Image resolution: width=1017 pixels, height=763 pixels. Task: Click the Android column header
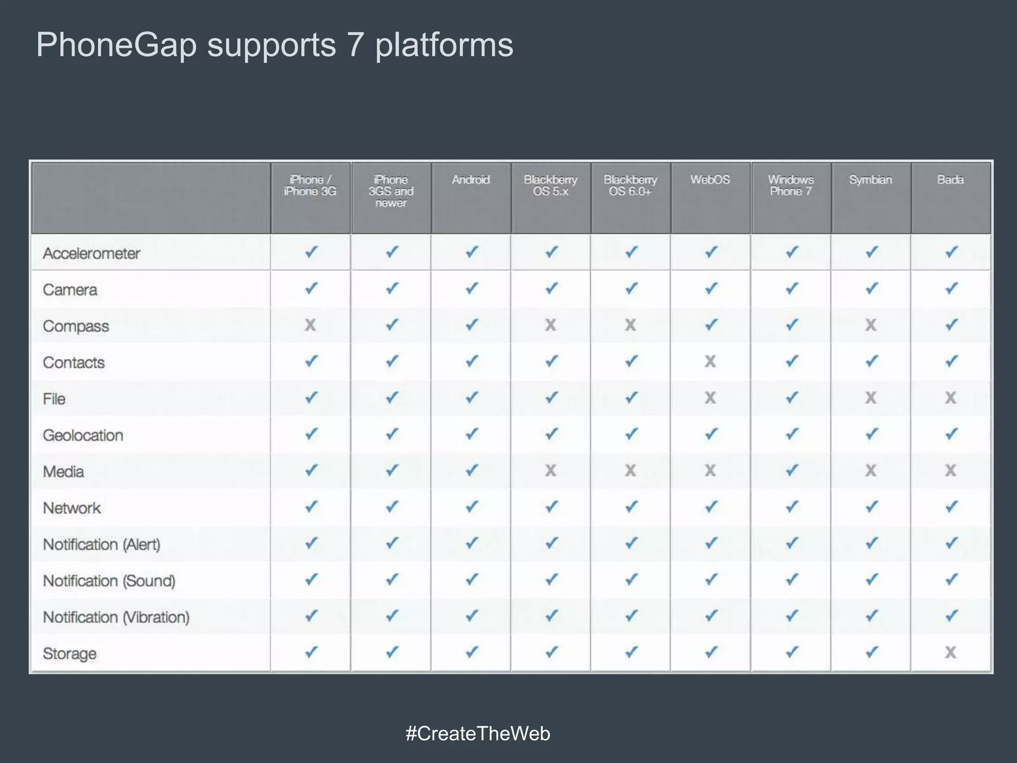[471, 180]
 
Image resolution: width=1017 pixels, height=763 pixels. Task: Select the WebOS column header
[710, 180]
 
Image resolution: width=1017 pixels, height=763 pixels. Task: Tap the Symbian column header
[871, 180]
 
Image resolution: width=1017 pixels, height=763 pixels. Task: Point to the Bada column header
[950, 180]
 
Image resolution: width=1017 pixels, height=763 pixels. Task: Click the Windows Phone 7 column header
[791, 185]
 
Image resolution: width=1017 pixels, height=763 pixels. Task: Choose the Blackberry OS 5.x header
[551, 185]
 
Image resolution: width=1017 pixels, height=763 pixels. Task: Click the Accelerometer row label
[91, 253]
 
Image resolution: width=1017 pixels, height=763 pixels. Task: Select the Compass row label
[75, 326]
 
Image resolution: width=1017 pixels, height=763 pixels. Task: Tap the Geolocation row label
[83, 435]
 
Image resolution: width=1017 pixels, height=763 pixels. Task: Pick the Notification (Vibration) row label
[116, 617]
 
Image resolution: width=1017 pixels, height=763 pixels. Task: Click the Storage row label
[70, 653]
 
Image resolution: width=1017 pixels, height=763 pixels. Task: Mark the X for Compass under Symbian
[871, 325]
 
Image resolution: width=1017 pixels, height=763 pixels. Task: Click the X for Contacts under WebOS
[710, 361]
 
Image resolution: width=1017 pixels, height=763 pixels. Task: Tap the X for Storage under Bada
[950, 652]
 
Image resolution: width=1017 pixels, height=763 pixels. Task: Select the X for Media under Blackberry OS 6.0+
[630, 470]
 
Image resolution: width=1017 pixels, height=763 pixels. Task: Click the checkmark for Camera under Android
[471, 288]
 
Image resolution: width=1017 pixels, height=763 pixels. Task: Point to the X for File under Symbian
[871, 397]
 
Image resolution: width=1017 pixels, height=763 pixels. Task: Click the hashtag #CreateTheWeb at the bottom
[478, 734]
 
